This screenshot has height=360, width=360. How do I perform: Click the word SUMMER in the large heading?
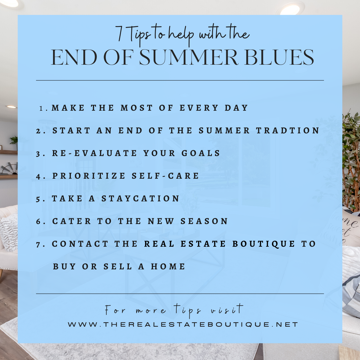point(188,57)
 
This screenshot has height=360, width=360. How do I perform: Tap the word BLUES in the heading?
point(279,57)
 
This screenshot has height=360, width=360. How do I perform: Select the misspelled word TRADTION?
point(288,130)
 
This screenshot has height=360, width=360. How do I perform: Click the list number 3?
point(38,153)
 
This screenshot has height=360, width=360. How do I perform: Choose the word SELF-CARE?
point(165,176)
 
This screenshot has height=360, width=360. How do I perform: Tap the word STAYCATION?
point(140,198)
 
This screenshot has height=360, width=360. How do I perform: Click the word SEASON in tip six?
point(204,221)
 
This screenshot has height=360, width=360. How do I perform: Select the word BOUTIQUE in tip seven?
point(264,244)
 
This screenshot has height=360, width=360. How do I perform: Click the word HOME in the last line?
point(168,266)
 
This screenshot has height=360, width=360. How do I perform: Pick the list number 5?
point(38,199)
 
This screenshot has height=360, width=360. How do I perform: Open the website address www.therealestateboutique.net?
point(183,324)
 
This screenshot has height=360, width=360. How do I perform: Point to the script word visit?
point(227,309)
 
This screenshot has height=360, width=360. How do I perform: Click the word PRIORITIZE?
point(89,176)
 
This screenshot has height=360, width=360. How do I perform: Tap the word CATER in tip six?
point(71,221)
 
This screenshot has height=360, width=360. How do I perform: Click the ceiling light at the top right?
point(291,9)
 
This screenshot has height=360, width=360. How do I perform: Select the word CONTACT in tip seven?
point(80,244)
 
